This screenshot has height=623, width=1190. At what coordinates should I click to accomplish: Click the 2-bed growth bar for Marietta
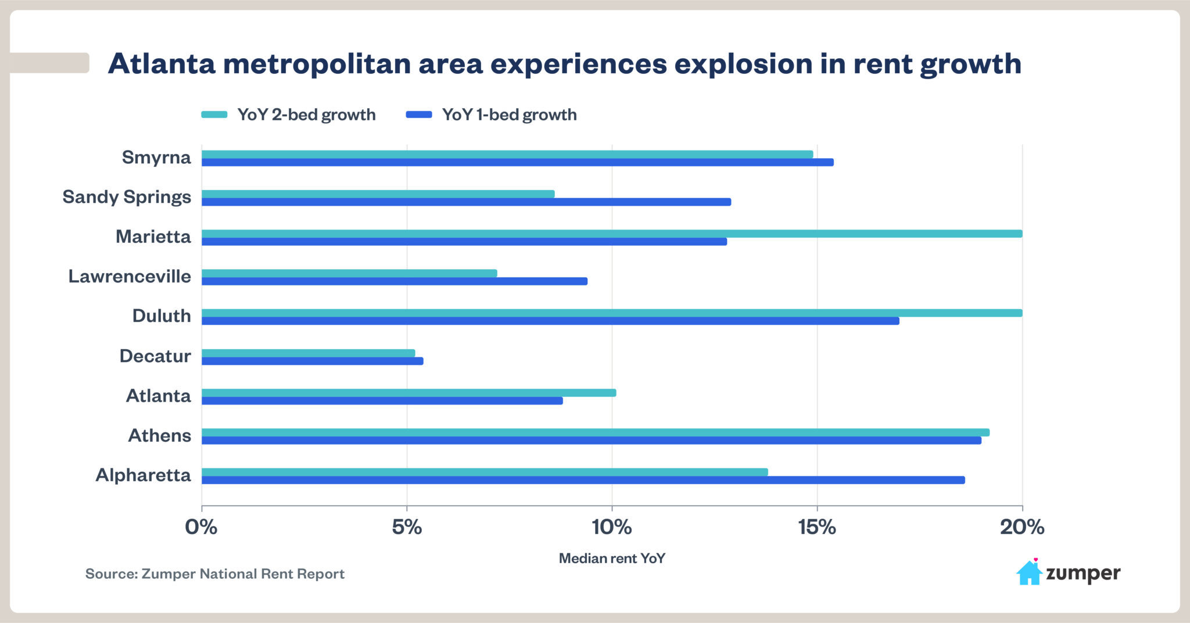611,234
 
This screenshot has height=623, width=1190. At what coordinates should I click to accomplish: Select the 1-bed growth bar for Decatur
312,361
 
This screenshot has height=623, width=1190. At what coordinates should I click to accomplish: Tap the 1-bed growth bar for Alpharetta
583,480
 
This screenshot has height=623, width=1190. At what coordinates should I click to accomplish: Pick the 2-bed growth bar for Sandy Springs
378,194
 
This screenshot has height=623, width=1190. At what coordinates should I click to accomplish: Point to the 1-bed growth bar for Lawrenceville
394,281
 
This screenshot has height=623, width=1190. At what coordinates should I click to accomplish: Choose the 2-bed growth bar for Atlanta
408,393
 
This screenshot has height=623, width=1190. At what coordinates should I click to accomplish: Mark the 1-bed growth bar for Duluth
550,321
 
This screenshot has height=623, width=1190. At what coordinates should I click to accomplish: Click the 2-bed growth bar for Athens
595,432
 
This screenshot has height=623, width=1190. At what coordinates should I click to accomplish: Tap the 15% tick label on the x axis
816,527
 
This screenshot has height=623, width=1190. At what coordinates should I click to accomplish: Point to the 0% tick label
201,527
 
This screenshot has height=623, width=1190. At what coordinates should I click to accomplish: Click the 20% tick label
1021,527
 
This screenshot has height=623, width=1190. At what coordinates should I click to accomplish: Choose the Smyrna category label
156,157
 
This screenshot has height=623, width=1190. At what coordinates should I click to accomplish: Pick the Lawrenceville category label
130,276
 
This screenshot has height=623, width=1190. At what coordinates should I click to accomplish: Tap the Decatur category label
155,356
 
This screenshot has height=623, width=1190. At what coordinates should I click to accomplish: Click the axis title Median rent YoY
612,558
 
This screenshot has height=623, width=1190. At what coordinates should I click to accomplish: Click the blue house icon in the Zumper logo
1029,573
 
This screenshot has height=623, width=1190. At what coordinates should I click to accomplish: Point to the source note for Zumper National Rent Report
215,574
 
